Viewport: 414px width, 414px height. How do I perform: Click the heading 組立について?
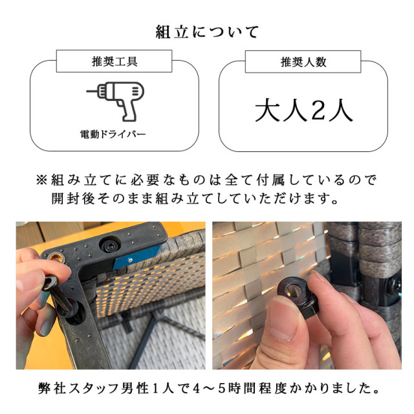207,32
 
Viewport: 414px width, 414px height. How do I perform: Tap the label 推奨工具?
114,62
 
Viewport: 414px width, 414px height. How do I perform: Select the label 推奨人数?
303,62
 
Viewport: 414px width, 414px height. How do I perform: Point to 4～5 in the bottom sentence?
230,389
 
